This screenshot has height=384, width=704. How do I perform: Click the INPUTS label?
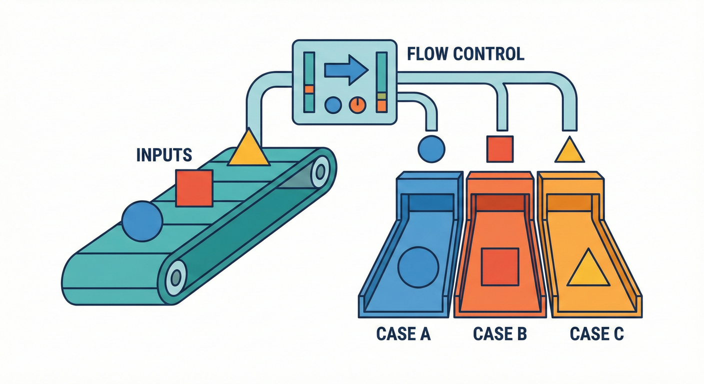coord(164,154)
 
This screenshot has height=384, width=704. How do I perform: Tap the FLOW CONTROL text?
coord(465,53)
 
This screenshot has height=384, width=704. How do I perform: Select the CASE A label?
coord(403,333)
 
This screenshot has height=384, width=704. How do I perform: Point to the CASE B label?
coord(499,333)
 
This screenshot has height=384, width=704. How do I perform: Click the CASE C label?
coord(596,333)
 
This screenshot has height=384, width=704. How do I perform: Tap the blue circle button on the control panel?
coord(333,104)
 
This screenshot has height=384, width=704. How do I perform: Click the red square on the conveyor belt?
coord(194,187)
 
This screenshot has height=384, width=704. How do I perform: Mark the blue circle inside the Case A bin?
coord(418,267)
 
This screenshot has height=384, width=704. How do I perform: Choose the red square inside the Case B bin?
coord(499,266)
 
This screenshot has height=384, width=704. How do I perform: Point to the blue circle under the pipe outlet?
coord(430,149)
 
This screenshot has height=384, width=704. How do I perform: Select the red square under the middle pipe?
coord(500,149)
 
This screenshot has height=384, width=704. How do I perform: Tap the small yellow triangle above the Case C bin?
coord(569,151)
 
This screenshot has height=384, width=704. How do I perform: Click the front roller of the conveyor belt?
coord(176,274)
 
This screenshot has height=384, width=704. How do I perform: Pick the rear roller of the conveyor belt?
coord(320,171)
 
